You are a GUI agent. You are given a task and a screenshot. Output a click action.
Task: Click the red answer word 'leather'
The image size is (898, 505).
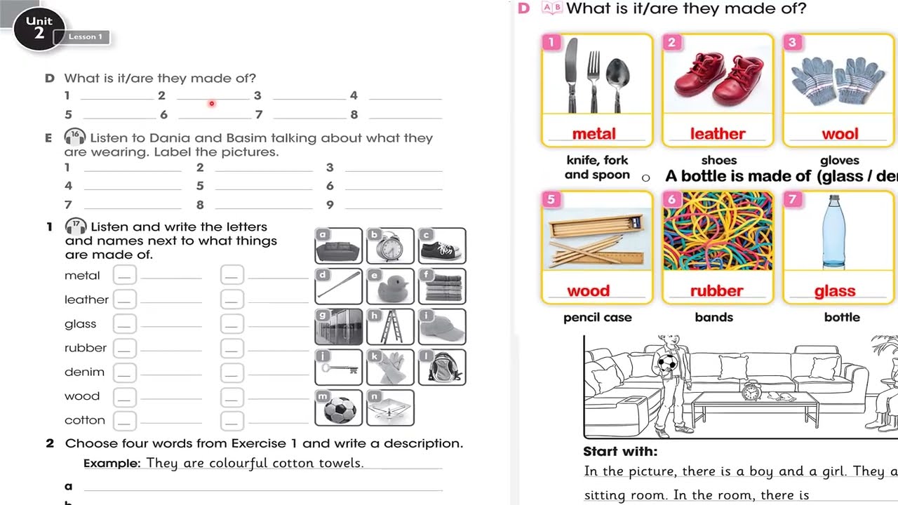tap(718, 134)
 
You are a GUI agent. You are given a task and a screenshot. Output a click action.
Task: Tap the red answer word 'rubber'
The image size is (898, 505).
tap(716, 291)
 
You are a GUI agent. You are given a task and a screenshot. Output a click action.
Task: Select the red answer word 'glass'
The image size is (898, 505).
tap(835, 291)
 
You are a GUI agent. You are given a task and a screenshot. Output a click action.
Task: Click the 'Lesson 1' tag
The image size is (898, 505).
tap(85, 37)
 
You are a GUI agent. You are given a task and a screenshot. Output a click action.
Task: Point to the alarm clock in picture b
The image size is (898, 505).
tap(389, 246)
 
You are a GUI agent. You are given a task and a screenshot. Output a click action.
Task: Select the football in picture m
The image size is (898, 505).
tap(340, 410)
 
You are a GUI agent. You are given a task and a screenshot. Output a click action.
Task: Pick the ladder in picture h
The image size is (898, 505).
tap(390, 327)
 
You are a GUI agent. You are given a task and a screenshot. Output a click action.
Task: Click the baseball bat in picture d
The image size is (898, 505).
tap(339, 285)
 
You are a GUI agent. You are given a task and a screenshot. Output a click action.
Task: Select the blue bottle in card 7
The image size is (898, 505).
tap(834, 231)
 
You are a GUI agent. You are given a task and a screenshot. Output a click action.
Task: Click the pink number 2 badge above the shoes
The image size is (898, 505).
tap(672, 42)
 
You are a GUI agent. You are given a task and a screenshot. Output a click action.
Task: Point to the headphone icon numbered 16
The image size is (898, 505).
tap(75, 136)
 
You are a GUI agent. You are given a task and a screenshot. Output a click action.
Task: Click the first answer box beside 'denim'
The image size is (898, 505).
tap(125, 372)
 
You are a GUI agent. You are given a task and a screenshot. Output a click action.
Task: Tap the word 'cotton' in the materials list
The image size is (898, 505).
tap(85, 420)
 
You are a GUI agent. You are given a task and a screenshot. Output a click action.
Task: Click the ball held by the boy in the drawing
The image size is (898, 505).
tap(666, 363)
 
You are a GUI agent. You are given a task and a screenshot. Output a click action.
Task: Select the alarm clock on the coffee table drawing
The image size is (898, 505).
tap(751, 390)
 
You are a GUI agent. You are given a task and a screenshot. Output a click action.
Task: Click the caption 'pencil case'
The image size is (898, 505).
tap(597, 318)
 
